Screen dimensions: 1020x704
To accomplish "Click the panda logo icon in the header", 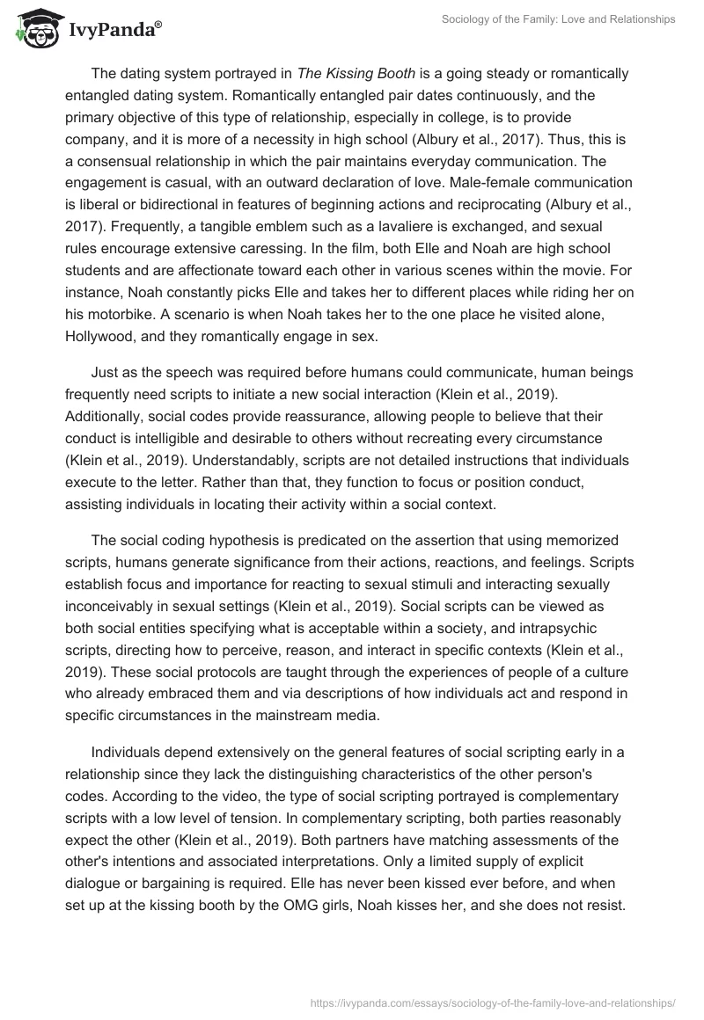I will [33, 30].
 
